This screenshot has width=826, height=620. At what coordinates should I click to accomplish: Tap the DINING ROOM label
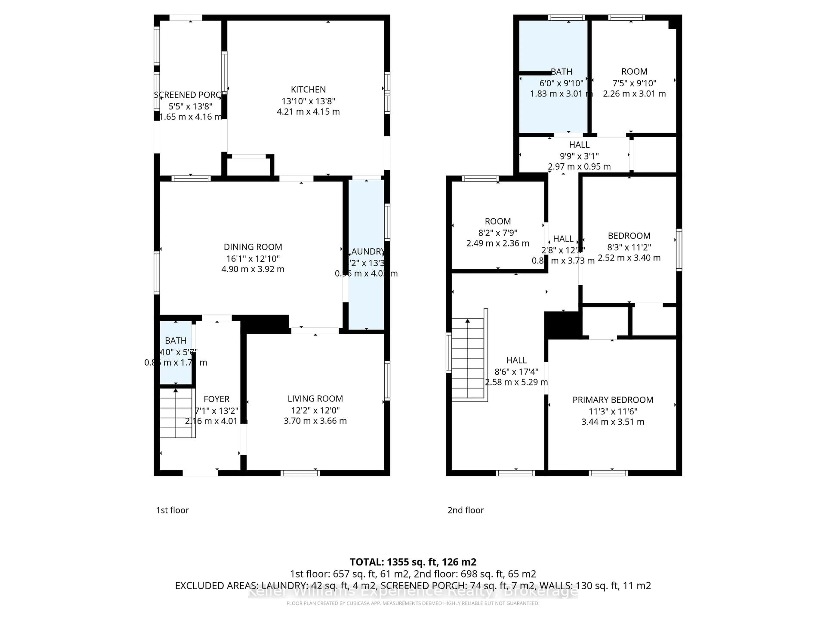[x=253, y=247]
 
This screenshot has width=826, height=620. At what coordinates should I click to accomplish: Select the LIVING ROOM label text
[x=315, y=399]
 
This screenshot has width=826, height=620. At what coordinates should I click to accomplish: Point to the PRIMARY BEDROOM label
[x=613, y=400]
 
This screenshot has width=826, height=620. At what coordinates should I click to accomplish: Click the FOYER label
[x=217, y=399]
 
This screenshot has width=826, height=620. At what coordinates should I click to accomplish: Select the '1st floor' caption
[x=172, y=510]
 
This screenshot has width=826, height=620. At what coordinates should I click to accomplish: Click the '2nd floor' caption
[x=465, y=510]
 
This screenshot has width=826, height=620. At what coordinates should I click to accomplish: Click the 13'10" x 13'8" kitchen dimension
[x=308, y=101]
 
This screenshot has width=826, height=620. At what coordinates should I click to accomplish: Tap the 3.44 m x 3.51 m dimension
[x=613, y=422]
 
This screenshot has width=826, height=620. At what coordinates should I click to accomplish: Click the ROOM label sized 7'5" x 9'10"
[x=634, y=71]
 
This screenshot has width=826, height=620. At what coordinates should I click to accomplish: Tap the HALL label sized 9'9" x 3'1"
[x=579, y=145]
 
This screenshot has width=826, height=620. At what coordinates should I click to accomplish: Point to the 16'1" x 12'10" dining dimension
[x=253, y=259]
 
